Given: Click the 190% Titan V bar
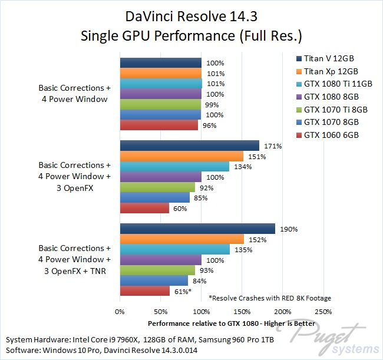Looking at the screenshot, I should (x=197, y=229).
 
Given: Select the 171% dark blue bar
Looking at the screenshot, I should (x=189, y=146).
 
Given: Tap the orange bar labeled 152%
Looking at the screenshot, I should (x=181, y=239).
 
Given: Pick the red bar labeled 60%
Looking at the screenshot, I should (x=144, y=208).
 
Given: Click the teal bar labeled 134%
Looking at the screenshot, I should (x=174, y=167).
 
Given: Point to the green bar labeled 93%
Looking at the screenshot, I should (x=158, y=270).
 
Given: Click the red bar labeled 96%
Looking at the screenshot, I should (x=159, y=125).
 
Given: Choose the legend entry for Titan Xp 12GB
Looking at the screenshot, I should (x=332, y=71).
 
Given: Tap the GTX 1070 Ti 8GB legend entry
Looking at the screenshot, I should (x=335, y=110).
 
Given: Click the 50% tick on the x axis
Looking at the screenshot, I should (x=160, y=311).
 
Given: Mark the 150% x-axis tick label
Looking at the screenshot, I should (x=242, y=311).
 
